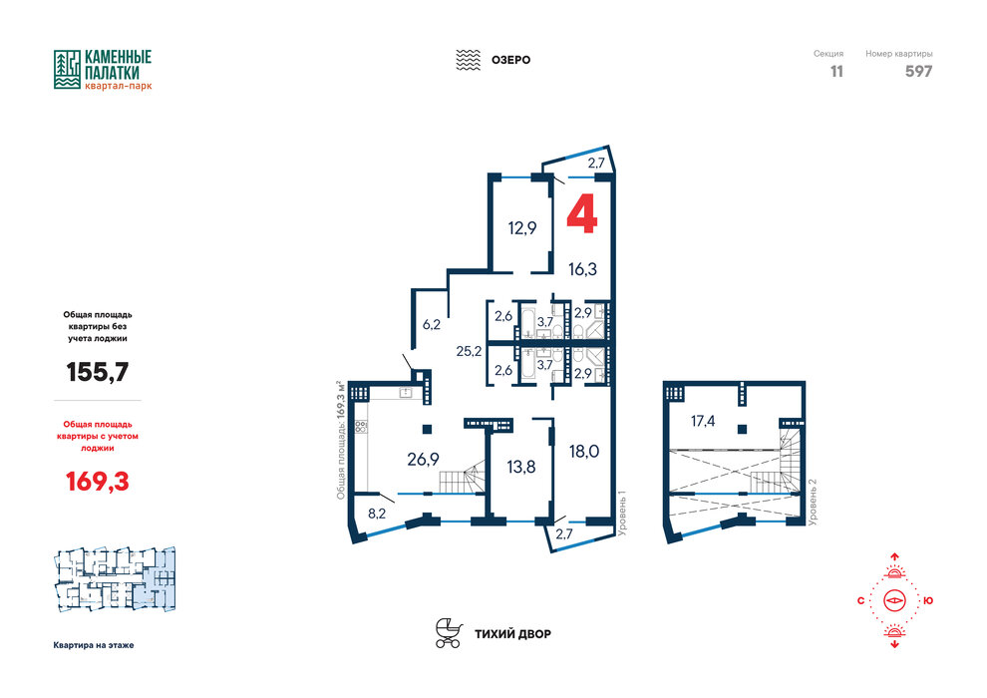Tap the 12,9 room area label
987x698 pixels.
pos(522,227)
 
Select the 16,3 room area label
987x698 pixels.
pos(582,269)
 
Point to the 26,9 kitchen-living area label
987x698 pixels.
pos(423,460)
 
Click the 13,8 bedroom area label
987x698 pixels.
pos(521,467)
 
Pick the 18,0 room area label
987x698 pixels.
pos(584,452)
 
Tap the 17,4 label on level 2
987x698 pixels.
pos(703,421)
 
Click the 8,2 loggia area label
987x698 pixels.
pos(377,514)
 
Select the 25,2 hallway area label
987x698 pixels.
pos(469,351)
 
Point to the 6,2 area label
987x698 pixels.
pos(431,325)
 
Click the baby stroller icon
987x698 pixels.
pos(449,632)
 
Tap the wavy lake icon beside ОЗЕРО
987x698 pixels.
pos(468,60)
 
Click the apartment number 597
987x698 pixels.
pos(918,71)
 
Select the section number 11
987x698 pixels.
pos(836,71)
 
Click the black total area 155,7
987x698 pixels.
pos(98,372)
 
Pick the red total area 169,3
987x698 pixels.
pos(98,482)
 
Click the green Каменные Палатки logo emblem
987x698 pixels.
pos(67,69)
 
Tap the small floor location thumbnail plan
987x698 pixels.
pos(116,579)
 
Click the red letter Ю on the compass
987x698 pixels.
pos(928,601)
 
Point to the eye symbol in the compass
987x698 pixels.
pos(894,600)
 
